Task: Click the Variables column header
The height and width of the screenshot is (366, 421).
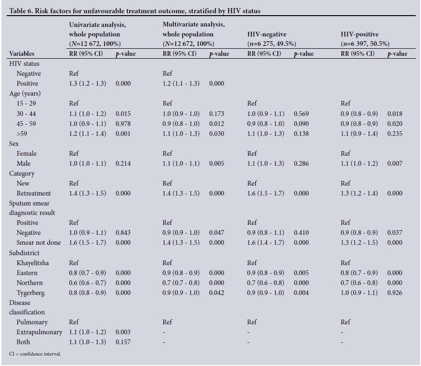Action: point(22,54)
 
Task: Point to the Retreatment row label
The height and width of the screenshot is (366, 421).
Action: point(34,193)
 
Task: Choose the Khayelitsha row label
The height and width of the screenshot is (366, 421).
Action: point(33,263)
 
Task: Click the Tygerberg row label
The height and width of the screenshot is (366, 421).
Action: point(30,293)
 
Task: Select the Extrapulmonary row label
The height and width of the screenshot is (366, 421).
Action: point(39,332)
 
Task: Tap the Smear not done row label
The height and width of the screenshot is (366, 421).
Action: point(39,242)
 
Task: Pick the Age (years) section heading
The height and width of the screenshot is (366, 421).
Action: point(25,93)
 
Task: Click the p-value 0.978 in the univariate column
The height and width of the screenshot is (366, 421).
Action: point(123,124)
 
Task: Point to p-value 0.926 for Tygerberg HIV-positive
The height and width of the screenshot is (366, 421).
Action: point(395,293)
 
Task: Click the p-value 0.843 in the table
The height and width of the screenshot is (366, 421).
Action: point(123,232)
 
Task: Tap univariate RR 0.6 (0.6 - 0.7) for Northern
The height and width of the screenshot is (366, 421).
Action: point(88,283)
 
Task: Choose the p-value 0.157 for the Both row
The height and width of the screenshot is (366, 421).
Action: point(123,342)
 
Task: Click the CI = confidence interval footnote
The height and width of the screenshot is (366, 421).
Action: point(35,354)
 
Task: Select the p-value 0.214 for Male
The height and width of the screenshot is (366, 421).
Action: point(123,163)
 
